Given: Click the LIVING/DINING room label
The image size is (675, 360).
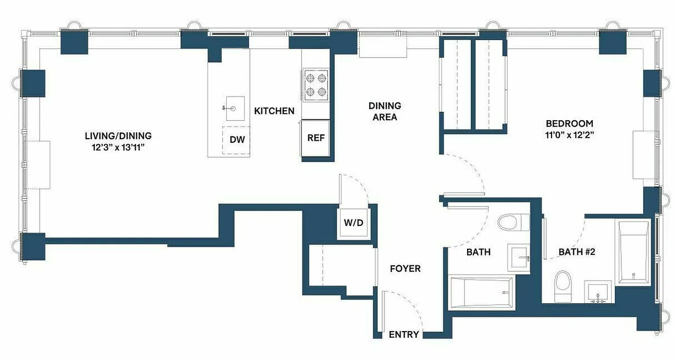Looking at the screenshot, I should pos(118,135).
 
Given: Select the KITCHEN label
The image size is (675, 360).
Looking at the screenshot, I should pos(274,111).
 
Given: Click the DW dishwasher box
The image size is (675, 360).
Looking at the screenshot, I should pos(237,140).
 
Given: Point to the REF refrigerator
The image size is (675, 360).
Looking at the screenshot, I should pos(315,138).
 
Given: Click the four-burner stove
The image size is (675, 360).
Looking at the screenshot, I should pos(315,85).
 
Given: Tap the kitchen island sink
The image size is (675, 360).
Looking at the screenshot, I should pos(233,108).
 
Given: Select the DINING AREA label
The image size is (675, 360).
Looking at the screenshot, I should pos(384,111).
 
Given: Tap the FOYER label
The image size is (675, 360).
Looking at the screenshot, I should pos(405,269).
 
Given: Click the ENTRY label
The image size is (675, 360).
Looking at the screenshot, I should pos(404,334).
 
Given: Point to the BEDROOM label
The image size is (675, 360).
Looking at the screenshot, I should pos(569,123).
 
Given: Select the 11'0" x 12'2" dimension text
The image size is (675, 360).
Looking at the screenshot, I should pos(569,135).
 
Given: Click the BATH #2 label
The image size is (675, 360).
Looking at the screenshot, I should pos(577,252).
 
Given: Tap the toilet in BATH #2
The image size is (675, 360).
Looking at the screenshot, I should pos(562,286).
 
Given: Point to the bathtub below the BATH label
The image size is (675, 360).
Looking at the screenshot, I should pos(481,292).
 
